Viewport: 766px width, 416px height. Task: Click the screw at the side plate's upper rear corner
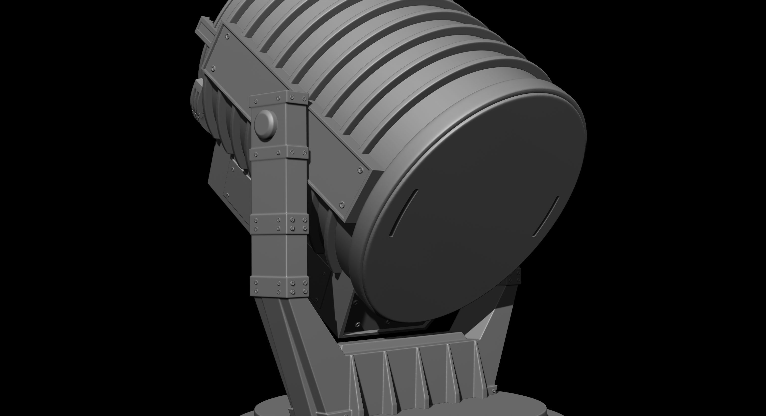click(228, 36)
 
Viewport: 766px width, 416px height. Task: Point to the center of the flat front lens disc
click(473, 208)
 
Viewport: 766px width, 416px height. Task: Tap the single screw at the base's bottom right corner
click(494, 390)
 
